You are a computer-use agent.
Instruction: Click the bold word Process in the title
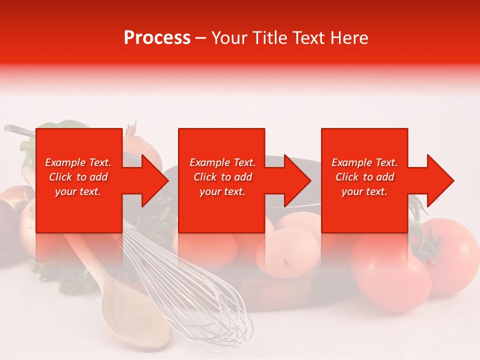pos(157,38)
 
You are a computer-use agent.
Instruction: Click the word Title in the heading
pos(270,38)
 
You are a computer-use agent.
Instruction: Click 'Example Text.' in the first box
pos(78,162)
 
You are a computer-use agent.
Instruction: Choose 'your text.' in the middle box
pos(222,191)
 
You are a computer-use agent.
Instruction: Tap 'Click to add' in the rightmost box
pos(364,177)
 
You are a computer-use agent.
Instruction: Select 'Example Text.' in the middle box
pos(222,162)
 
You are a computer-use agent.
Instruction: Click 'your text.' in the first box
pos(78,191)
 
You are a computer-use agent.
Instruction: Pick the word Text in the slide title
pos(310,38)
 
